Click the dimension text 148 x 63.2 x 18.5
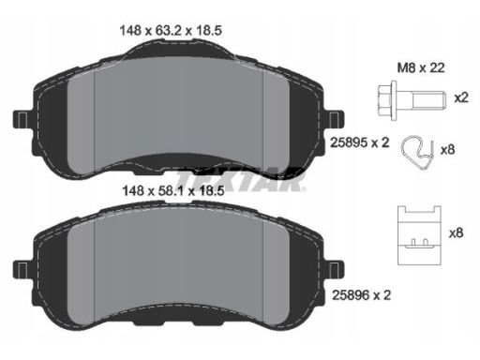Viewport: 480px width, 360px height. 171,31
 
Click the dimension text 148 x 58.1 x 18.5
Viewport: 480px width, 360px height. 173,190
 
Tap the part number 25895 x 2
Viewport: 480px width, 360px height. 360,142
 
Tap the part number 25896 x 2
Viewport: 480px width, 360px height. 361,294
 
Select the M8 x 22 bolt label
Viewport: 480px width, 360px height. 421,67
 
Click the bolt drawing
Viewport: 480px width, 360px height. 412,98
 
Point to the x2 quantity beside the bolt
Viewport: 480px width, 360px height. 461,98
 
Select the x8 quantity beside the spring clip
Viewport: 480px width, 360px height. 447,150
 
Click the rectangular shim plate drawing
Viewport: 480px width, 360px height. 419,235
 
